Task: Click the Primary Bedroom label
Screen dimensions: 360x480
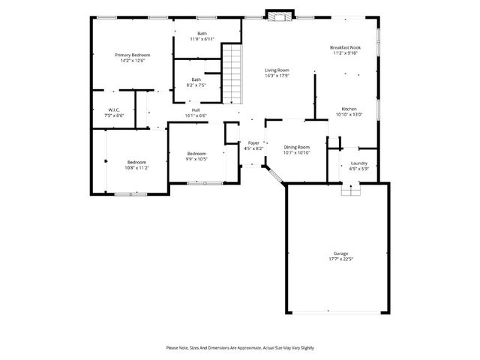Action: (x=132, y=55)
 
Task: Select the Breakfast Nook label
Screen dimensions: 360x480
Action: (x=346, y=47)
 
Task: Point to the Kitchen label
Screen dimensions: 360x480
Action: (x=349, y=109)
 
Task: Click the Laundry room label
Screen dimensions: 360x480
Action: (x=358, y=163)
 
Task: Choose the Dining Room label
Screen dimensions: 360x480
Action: (x=297, y=147)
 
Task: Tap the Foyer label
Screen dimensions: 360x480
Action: (x=253, y=142)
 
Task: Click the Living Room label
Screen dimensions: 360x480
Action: (x=277, y=70)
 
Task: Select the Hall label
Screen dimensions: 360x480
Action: (x=196, y=109)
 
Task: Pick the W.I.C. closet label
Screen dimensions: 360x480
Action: (x=114, y=109)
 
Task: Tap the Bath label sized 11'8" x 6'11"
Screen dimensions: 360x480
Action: (x=202, y=34)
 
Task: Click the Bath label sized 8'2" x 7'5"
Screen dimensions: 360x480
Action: (x=196, y=79)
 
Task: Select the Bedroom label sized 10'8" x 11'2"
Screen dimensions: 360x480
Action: (x=136, y=163)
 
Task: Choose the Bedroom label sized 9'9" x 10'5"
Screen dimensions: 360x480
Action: (x=196, y=154)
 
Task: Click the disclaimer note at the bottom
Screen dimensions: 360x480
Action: (x=240, y=348)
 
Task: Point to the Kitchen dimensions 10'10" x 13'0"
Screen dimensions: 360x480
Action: (x=349, y=114)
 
